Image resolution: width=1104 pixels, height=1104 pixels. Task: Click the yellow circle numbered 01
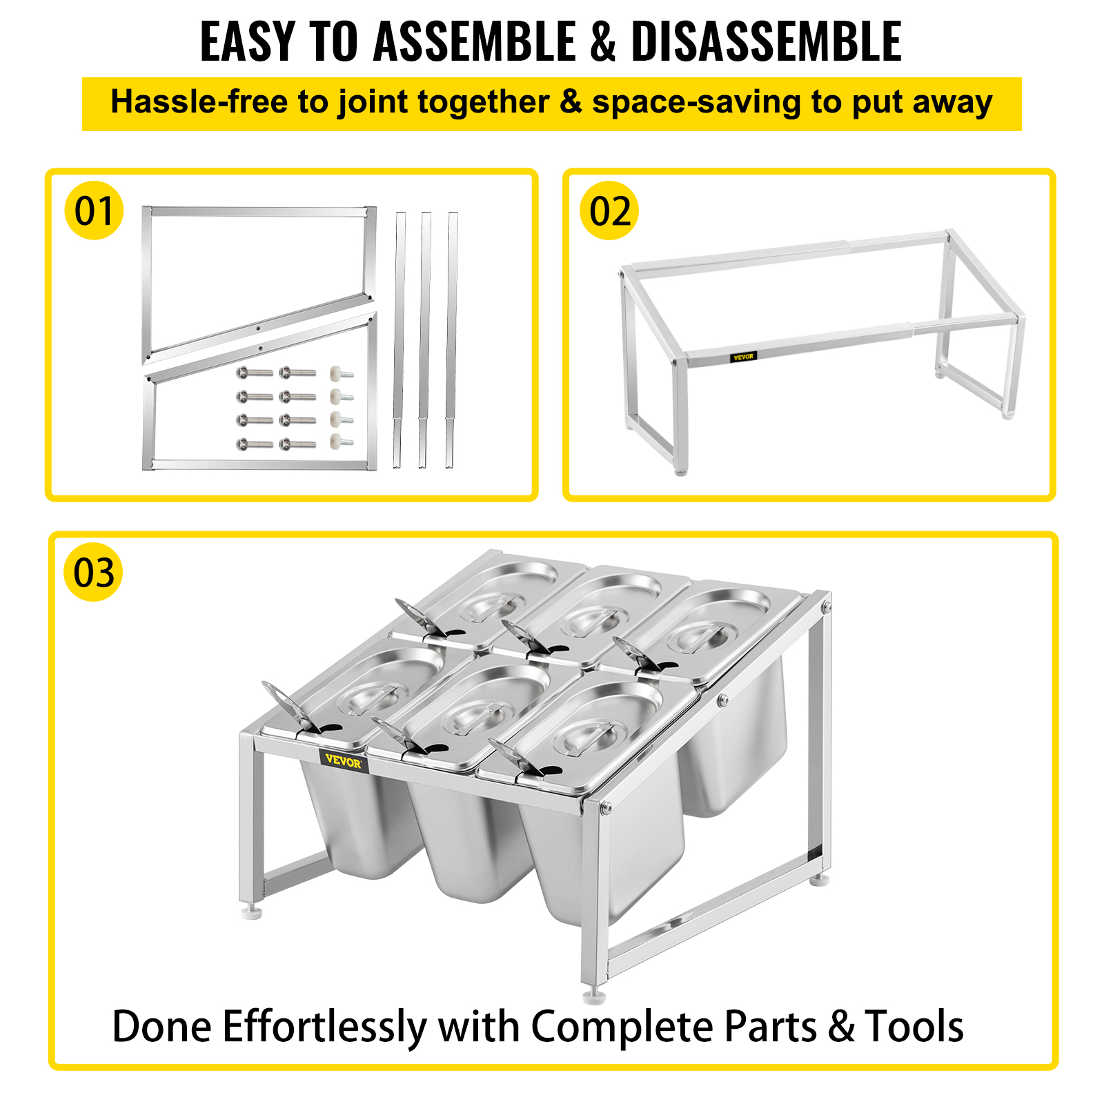coord(94,210)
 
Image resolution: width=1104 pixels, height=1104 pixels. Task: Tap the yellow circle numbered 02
coord(610,210)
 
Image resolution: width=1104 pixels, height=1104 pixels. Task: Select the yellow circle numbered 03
coord(94,572)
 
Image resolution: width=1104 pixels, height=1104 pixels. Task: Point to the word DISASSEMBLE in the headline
coord(767,41)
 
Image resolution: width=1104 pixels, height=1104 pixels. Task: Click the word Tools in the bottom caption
coord(914,1026)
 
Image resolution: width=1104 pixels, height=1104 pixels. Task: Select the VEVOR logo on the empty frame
coord(744,357)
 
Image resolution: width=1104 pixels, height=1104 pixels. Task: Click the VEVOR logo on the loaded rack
coord(343,762)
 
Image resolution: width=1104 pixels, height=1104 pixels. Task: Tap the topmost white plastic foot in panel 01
coord(342,373)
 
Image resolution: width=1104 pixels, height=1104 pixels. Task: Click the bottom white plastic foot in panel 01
coord(342,441)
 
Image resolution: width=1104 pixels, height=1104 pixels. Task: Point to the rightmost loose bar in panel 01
coord(451,341)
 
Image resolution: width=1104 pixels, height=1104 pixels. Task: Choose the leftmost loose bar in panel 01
coord(399,341)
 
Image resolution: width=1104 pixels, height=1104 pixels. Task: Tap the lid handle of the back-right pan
coord(699,635)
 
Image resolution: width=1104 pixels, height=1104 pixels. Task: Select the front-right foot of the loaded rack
coord(594,996)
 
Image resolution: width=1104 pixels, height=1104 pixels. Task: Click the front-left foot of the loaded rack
coord(252,912)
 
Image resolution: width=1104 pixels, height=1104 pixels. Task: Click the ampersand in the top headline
coord(603,42)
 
